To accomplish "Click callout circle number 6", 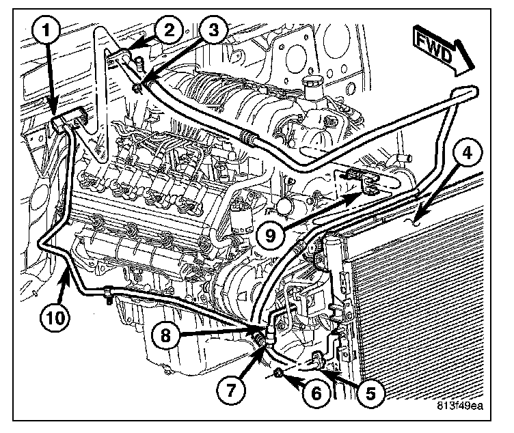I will pyautogui.click(x=319, y=393).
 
